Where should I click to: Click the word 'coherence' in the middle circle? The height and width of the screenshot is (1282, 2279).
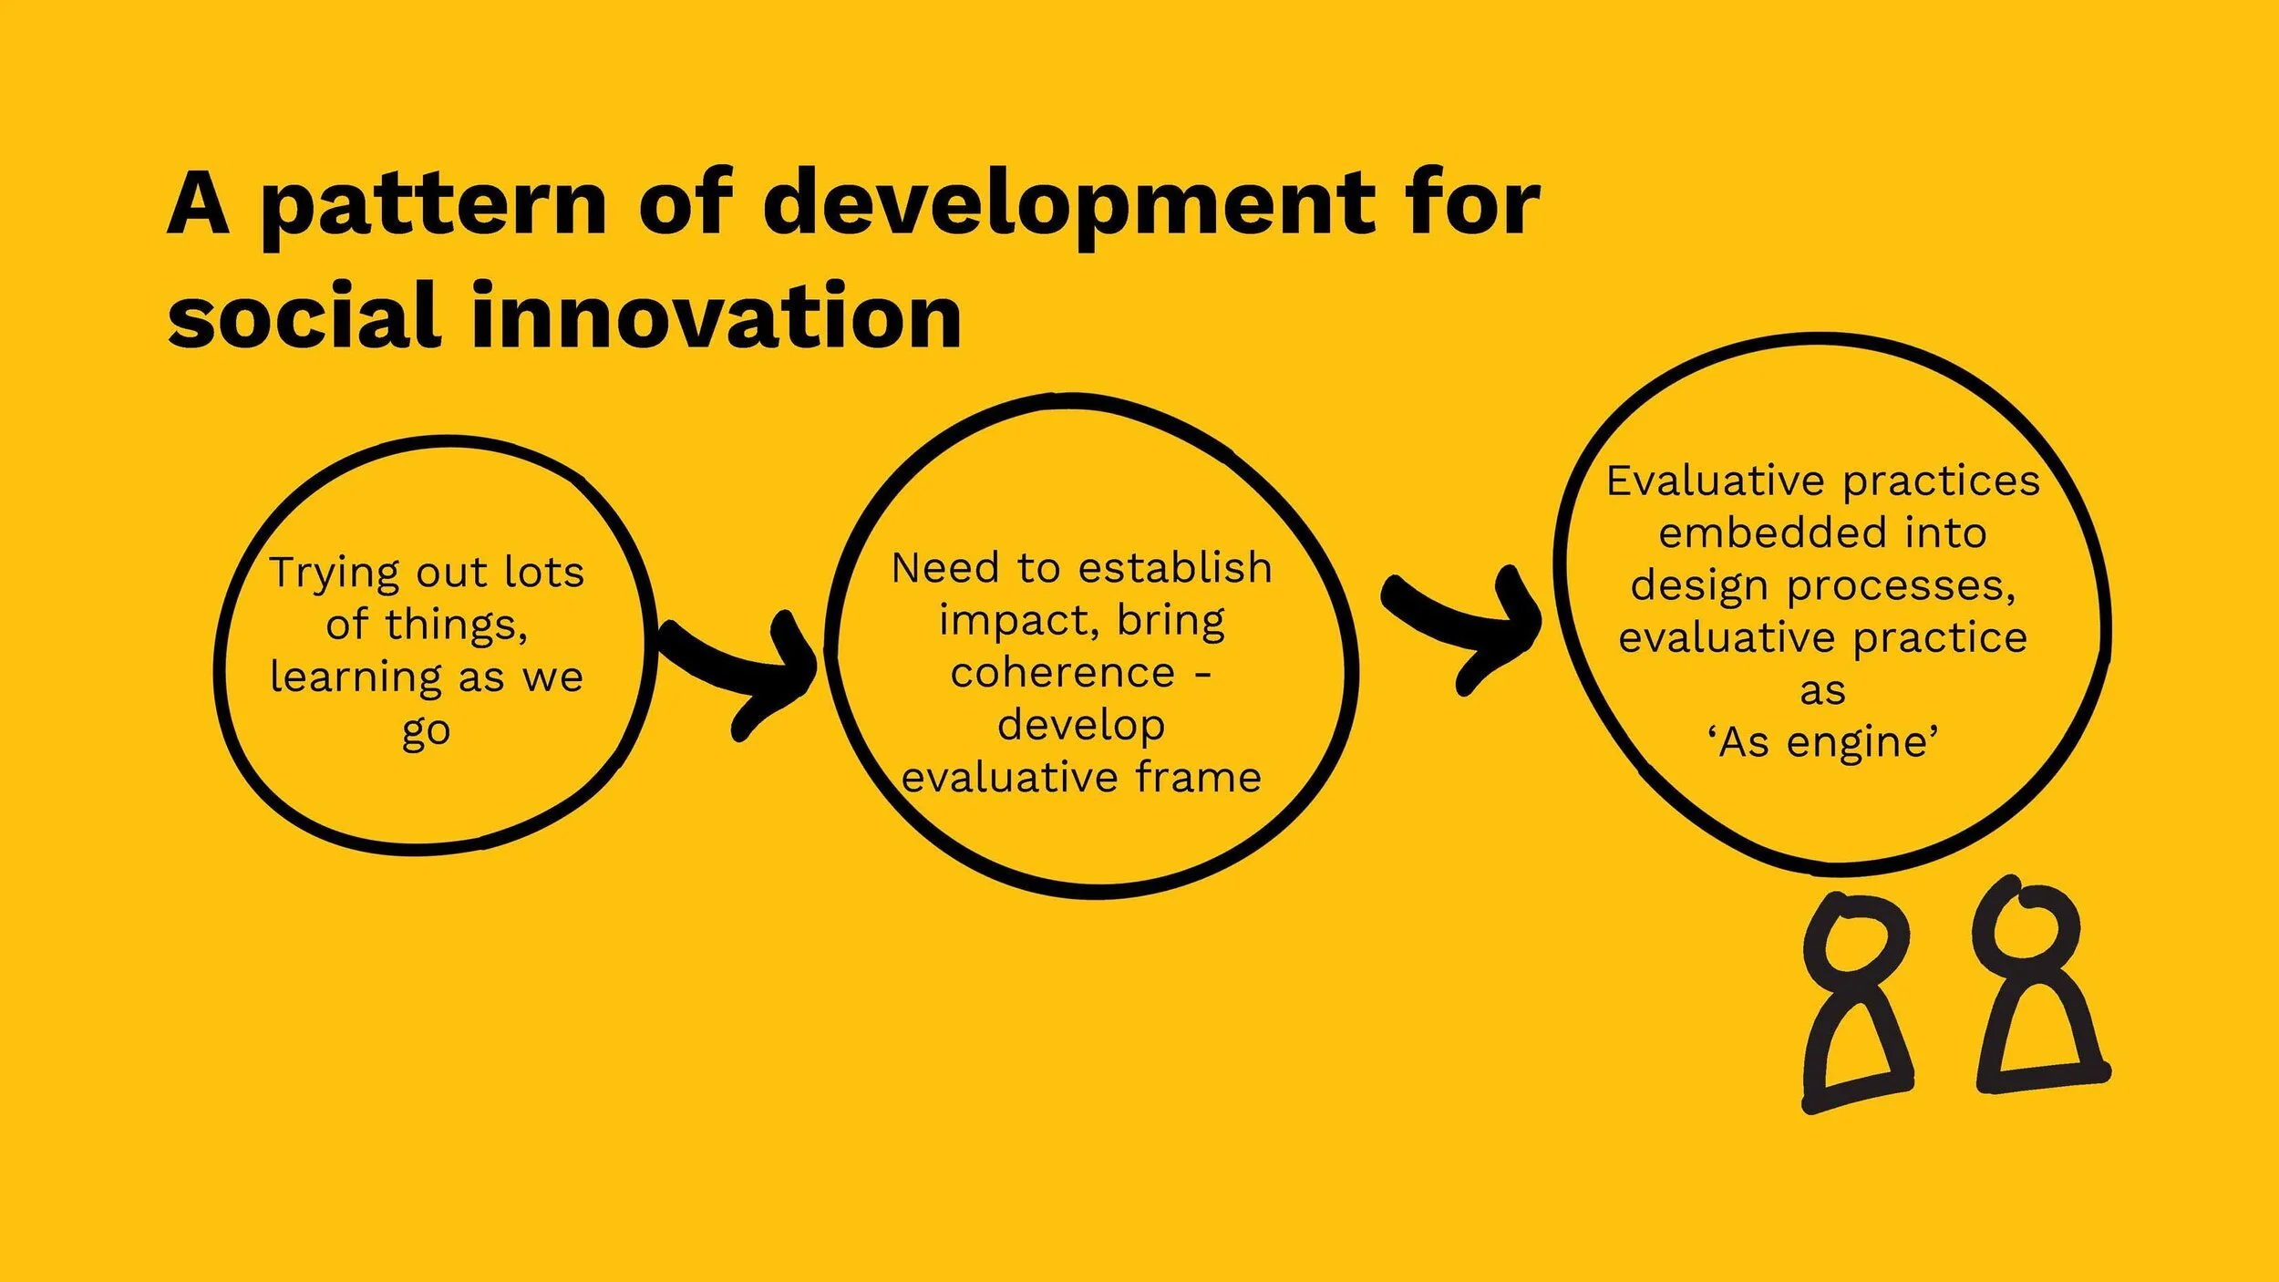(x=1062, y=674)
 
